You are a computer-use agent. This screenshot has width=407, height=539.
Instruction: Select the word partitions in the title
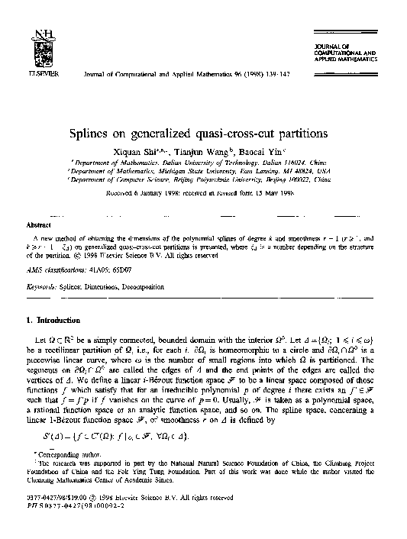tap(300, 133)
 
